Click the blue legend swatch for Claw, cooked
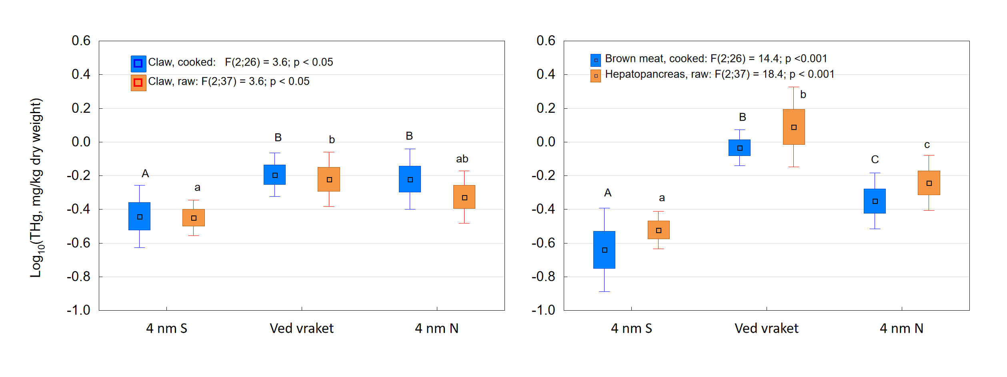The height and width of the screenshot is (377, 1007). [138, 63]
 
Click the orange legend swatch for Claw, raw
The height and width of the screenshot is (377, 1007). [138, 83]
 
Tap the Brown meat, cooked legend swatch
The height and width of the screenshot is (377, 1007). [595, 60]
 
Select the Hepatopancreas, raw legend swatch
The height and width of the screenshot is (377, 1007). [595, 76]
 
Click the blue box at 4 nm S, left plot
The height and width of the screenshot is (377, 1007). [139, 216]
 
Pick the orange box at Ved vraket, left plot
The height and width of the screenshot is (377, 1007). [329, 179]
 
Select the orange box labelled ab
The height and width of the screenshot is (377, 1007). [464, 197]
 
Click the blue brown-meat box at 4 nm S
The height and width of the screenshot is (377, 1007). [604, 249]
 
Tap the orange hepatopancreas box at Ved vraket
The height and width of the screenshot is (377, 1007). [794, 127]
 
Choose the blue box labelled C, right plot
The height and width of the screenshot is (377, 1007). [875, 201]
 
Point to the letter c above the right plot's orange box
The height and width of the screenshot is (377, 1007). [927, 145]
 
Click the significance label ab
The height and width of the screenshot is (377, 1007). [462, 159]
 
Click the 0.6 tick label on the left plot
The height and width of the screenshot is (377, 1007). [81, 41]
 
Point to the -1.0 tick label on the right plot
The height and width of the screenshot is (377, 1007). [543, 310]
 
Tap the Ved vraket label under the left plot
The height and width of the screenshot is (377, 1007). [302, 329]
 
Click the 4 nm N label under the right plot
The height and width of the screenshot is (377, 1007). [901, 329]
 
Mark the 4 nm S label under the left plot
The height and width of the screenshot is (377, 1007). [166, 329]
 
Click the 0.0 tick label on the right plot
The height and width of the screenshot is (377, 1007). [546, 142]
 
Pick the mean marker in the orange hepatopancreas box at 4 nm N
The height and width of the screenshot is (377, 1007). [929, 183]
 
